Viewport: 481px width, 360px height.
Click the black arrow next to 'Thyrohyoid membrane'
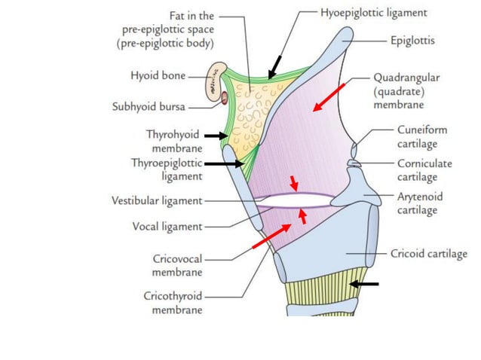[x=216, y=136]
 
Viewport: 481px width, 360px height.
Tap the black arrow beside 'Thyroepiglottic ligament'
[x=223, y=163]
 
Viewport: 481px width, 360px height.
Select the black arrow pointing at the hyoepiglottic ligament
[x=274, y=66]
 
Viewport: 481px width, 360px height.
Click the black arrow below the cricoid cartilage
[x=364, y=284]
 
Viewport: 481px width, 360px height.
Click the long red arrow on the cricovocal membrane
[x=269, y=236]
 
